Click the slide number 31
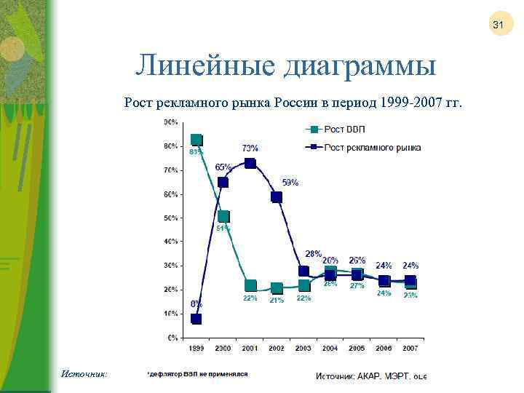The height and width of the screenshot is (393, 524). (499, 25)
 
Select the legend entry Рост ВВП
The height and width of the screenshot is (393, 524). (344, 130)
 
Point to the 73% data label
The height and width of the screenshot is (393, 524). (250, 148)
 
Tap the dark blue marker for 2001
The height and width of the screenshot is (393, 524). (250, 163)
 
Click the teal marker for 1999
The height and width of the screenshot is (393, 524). (196, 140)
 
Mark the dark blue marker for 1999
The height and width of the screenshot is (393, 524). (196, 319)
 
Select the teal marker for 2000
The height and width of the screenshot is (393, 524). (223, 216)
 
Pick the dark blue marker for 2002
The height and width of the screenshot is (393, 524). (277, 196)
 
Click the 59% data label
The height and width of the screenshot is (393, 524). (290, 183)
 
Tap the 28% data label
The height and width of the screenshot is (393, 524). (313, 254)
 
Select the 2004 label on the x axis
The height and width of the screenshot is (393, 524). (330, 349)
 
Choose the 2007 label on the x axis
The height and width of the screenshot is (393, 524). (410, 349)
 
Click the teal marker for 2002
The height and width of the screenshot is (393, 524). (277, 288)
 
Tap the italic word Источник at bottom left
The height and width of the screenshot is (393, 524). (84, 373)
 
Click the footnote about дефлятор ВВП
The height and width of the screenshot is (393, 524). (197, 373)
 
